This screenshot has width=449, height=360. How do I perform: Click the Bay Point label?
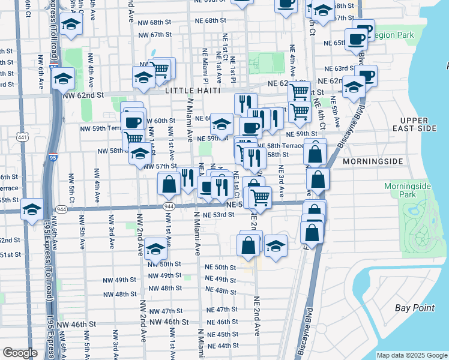click(415, 308)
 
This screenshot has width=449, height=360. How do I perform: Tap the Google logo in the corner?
click(19, 353)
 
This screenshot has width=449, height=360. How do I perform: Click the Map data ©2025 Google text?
click(411, 355)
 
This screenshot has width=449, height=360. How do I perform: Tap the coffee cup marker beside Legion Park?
click(357, 40)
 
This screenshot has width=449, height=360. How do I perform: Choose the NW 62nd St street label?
click(83, 95)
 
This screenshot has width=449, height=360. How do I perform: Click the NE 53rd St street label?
click(218, 215)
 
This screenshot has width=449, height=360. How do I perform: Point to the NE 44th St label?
click(223, 346)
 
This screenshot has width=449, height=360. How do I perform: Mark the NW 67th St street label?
click(155, 35)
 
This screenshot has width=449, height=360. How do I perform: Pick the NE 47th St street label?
click(223, 310)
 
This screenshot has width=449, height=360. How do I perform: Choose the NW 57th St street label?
click(160, 166)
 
